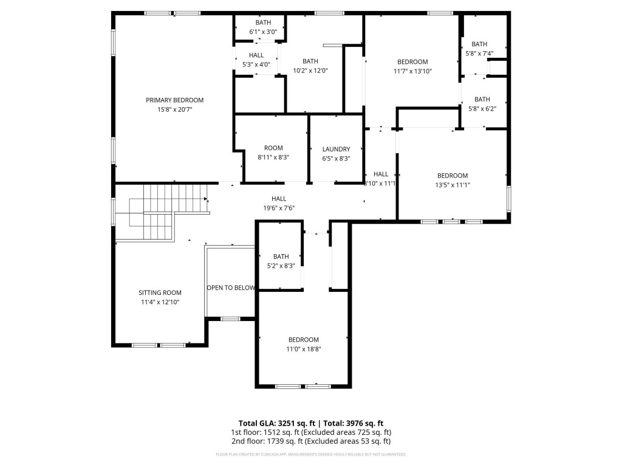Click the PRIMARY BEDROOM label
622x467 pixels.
click(174, 100)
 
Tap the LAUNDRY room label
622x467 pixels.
click(336, 149)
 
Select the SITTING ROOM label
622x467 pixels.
click(160, 292)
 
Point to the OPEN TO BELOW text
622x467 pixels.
click(230, 288)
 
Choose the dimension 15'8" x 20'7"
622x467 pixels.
click(174, 109)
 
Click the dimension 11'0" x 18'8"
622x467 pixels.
click(303, 349)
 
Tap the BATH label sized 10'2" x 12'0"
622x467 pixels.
click(310, 61)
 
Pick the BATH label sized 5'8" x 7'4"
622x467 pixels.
click(479, 44)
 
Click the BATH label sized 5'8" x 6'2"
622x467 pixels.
click(482, 99)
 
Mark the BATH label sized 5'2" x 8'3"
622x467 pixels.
click(281, 257)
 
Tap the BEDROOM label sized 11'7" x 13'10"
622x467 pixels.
click(412, 61)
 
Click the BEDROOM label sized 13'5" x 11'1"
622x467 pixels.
click(453, 176)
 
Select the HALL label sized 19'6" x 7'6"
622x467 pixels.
click(279, 198)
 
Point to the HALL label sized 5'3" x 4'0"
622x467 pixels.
click(256, 55)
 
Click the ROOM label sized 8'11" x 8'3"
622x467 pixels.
click(273, 148)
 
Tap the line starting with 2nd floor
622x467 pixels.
click(310, 441)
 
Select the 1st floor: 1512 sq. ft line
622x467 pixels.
click(310, 432)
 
